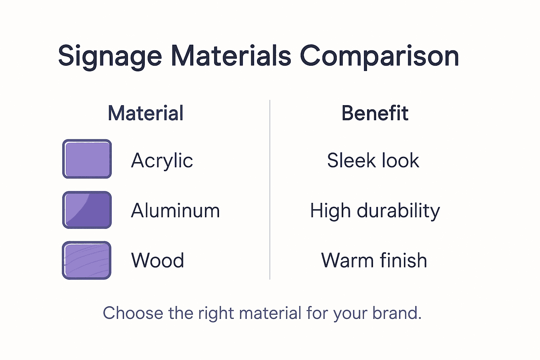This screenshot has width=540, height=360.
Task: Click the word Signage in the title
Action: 110,56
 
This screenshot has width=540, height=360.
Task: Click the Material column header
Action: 146,113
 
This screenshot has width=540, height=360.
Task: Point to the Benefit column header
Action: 375,113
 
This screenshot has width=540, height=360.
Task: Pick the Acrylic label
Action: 162,161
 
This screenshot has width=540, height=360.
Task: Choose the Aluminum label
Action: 175,211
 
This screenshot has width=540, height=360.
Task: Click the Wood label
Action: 157,261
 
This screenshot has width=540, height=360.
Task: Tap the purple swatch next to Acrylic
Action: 87,159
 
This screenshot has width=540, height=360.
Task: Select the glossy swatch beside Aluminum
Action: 87,210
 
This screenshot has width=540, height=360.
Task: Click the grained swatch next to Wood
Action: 86,260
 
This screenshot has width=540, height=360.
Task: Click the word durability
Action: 398,211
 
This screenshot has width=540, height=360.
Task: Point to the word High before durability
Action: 330,211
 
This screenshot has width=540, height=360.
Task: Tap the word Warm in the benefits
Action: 347,261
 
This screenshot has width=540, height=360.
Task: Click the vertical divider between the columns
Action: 270,190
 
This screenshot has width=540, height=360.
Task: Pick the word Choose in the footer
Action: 133,313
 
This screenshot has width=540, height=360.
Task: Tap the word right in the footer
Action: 216,314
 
